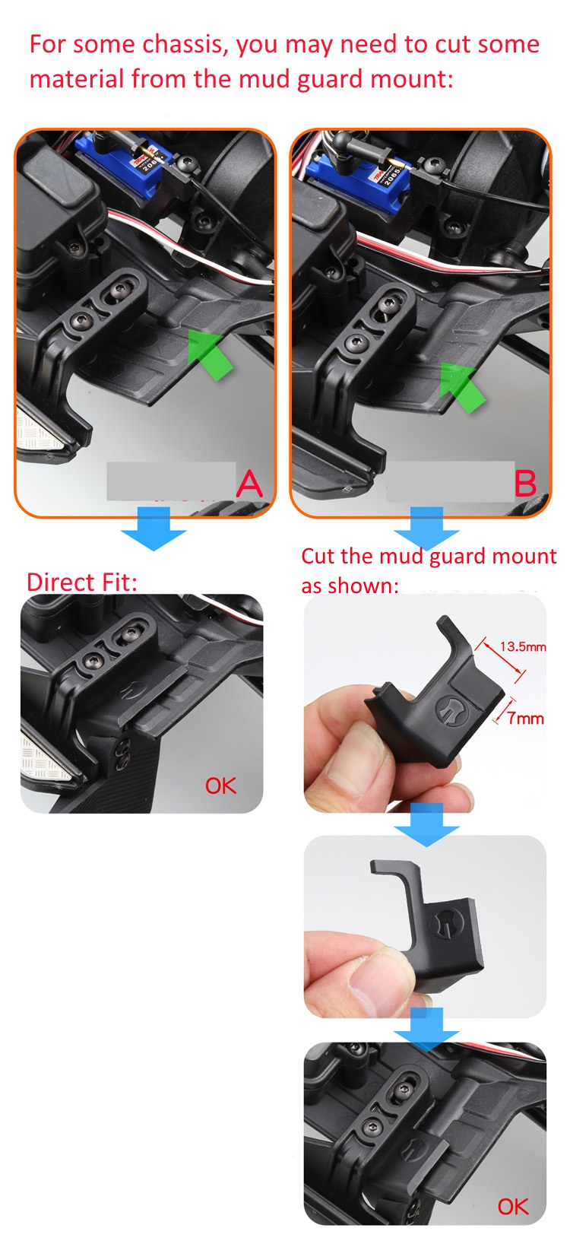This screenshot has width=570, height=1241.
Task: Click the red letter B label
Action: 525,484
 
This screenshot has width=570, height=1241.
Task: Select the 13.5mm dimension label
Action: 522,646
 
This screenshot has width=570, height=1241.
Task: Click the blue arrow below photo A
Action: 154,528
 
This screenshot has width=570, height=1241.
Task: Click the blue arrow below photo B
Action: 426,528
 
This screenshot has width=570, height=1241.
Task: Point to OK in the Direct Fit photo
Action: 220,786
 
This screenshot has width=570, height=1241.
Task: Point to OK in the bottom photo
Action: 512,1207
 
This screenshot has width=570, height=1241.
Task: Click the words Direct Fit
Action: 81,582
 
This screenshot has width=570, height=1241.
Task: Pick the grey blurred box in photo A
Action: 171,481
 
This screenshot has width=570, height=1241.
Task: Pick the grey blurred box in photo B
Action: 451,481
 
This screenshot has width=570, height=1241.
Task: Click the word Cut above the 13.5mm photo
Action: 318,556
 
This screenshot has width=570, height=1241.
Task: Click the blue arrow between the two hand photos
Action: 426,824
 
